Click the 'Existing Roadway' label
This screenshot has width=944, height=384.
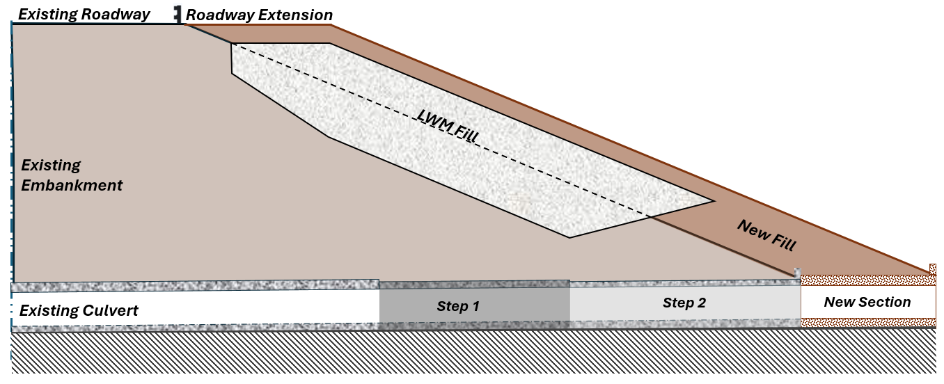84,15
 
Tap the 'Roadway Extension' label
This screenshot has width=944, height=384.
259,15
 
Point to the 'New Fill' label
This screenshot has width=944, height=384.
767,236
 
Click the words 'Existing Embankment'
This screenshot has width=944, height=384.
72,175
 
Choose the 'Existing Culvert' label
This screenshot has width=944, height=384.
79,311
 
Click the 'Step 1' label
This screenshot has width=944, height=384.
458,306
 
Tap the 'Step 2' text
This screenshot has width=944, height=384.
684,303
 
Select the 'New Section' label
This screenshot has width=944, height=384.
867,302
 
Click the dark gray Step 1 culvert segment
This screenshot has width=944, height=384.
475,305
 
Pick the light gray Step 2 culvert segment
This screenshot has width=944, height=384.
685,303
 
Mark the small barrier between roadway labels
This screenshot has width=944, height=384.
178,14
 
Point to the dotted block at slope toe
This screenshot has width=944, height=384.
933,269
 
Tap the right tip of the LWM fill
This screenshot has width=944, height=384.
715,201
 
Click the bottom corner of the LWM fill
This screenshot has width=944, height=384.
569,237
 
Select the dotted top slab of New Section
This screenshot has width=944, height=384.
868,280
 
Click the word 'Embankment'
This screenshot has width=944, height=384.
72,185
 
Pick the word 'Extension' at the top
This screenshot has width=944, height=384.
295,15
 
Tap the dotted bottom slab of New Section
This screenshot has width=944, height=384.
868,323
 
